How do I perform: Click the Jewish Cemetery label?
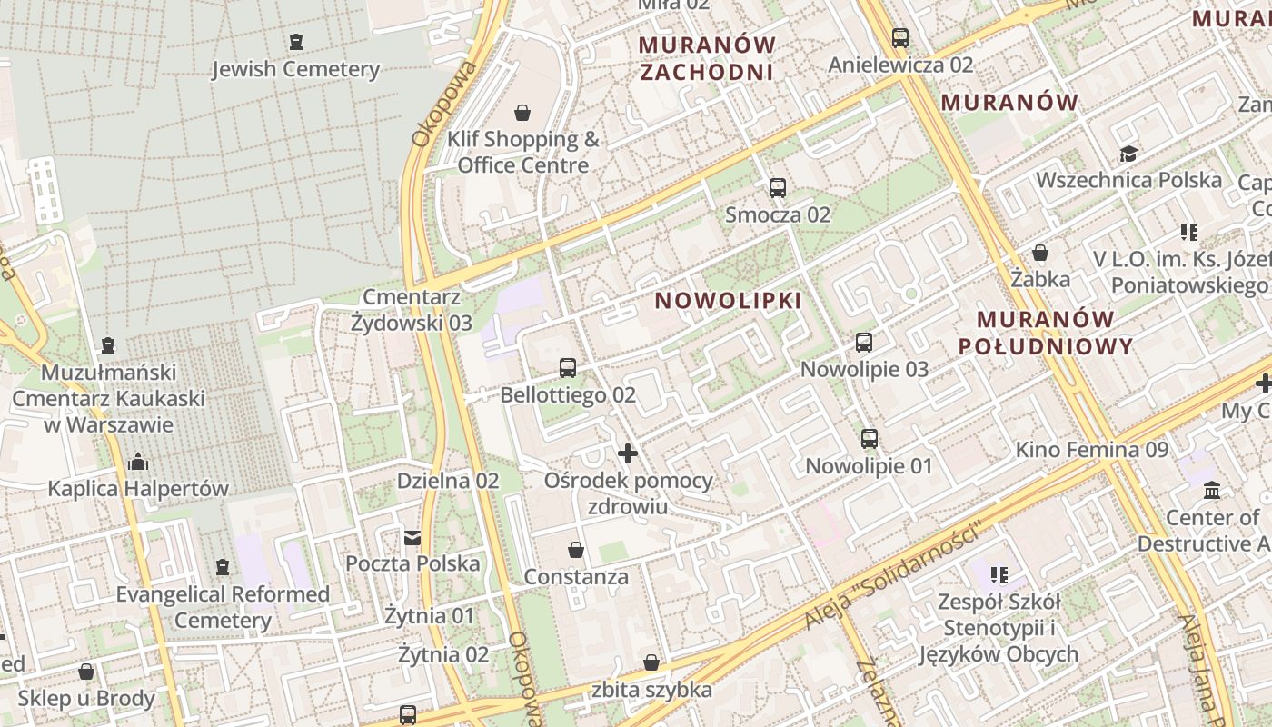[x=295, y=69]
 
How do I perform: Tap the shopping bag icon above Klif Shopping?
[x=522, y=113]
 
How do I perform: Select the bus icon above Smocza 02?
[x=778, y=188]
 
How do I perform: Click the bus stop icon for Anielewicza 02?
[x=900, y=38]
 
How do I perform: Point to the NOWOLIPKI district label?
[x=729, y=300]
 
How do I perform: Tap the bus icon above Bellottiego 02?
[x=568, y=368]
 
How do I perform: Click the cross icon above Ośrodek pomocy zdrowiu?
[x=628, y=453]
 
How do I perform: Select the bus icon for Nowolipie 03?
[x=864, y=343]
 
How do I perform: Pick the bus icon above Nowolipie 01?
[x=870, y=439]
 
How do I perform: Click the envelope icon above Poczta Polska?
[x=412, y=537]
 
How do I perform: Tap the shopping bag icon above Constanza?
[x=575, y=550]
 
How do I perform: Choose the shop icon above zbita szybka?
[x=651, y=663]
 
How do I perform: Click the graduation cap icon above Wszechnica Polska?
[x=1128, y=154]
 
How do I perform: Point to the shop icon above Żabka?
[x=1040, y=253]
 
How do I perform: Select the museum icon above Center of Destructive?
[x=1212, y=491]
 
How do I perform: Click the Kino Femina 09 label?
[x=1091, y=449]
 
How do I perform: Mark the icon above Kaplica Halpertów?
[x=138, y=462]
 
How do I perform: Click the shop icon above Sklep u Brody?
[x=86, y=672]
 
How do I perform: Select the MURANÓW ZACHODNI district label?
[x=708, y=58]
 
